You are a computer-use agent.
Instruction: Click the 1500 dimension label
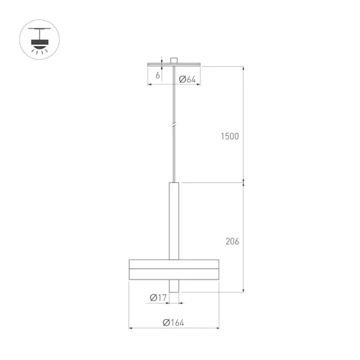point(230,136)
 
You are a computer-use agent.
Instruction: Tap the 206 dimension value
point(232,241)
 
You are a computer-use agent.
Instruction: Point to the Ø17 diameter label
point(158,298)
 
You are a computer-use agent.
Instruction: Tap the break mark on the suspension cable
point(173,124)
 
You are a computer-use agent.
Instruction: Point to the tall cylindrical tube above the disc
point(173,221)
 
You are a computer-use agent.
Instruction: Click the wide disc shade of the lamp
point(173,270)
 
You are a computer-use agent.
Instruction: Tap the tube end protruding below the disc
point(173,286)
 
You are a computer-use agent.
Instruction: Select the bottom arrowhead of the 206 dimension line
point(244,290)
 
